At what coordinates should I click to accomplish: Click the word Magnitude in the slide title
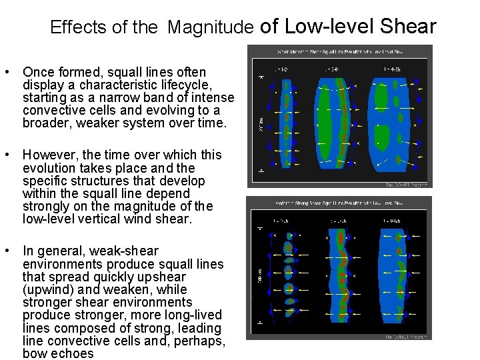click(211, 28)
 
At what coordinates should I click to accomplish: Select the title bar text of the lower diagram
click(339, 203)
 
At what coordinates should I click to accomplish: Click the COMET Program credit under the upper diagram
click(407, 185)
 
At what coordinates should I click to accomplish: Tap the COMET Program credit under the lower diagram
click(405, 337)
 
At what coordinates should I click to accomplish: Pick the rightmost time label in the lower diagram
click(391, 220)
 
